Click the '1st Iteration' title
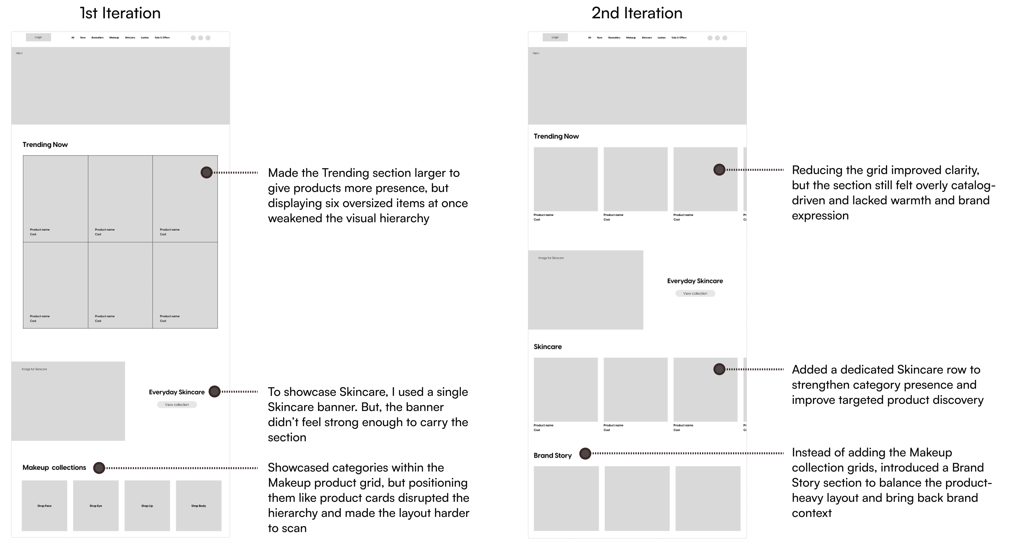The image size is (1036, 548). click(120, 13)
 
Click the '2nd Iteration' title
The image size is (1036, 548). click(637, 13)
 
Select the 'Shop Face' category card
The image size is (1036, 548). click(44, 505)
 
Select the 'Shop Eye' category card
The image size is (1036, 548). click(96, 505)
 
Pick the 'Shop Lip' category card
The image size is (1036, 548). click(147, 505)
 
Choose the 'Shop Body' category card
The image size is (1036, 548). click(199, 505)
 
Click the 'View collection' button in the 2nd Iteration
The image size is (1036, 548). click(695, 293)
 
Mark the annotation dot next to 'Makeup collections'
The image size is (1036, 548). click(99, 468)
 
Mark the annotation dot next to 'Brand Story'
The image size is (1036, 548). click(585, 454)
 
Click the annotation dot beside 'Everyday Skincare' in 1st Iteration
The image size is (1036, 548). click(215, 392)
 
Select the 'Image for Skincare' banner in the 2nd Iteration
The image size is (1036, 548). click(585, 290)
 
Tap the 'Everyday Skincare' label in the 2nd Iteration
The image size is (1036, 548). click(695, 281)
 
